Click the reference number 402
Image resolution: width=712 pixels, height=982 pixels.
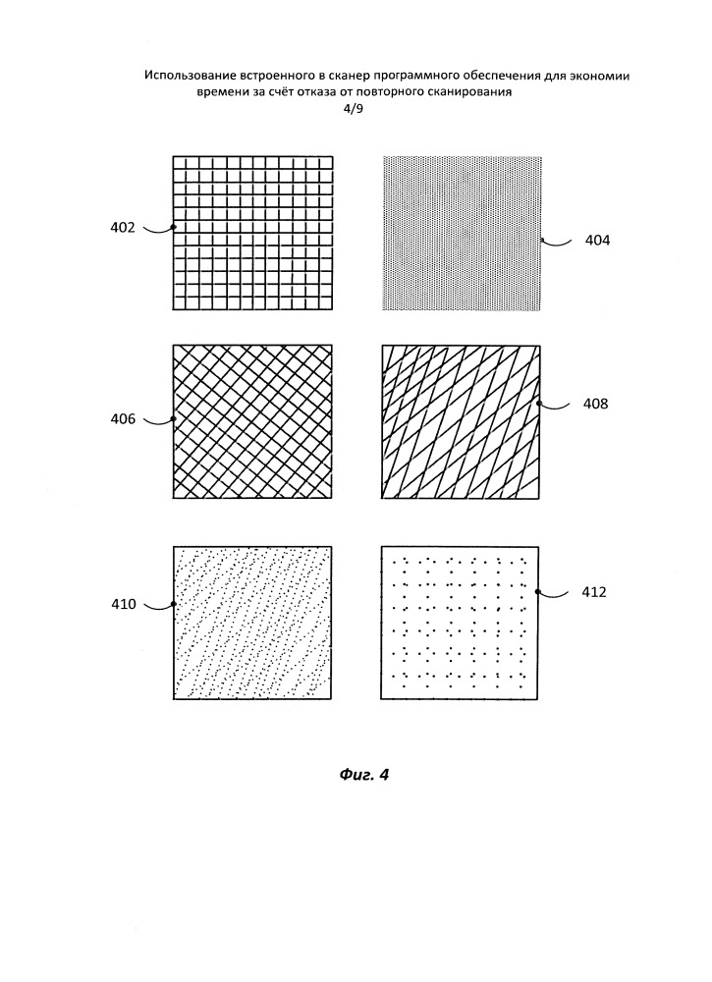click(123, 228)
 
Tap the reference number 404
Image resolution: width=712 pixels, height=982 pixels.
click(597, 241)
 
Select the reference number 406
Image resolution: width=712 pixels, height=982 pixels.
click(124, 419)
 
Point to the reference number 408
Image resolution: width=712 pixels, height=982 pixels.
click(595, 404)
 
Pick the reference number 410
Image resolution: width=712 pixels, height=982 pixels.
click(124, 604)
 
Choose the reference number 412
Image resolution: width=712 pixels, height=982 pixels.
click(594, 592)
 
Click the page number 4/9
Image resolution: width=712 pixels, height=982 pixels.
click(353, 109)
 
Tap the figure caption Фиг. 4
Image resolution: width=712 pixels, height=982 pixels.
click(363, 775)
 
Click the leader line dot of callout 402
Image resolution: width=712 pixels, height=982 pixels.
click(174, 227)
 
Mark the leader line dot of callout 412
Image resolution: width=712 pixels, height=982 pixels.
click(537, 591)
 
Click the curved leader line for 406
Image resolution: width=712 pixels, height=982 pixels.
click(158, 421)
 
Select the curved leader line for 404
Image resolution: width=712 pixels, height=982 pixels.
click(557, 243)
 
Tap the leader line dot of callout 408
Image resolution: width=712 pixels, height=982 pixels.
click(538, 404)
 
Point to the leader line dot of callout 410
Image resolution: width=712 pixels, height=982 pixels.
click(174, 604)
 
